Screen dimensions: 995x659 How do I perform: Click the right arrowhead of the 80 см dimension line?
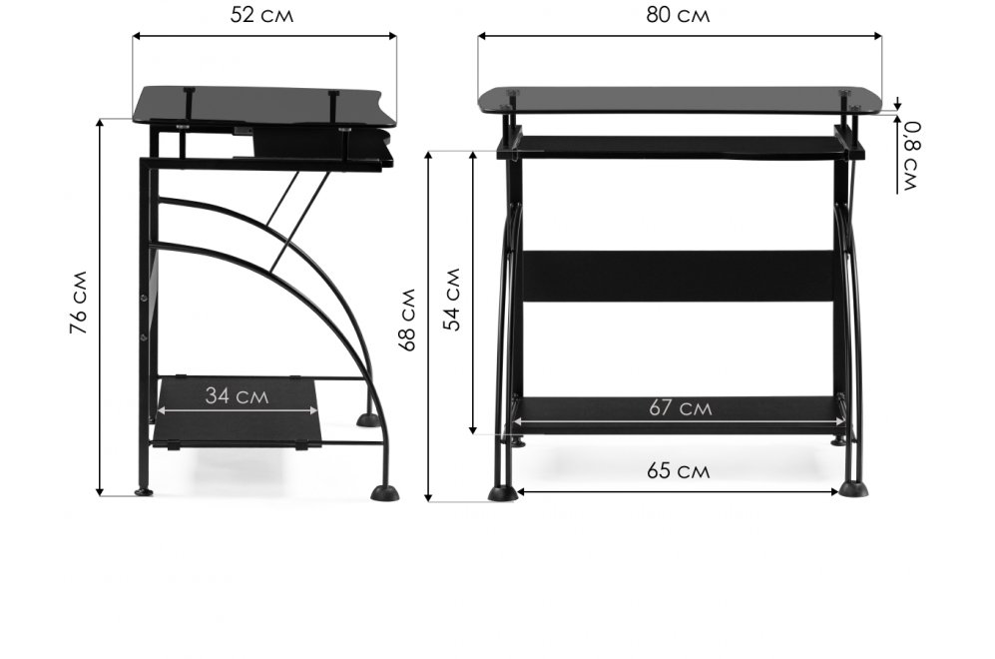coord(878,36)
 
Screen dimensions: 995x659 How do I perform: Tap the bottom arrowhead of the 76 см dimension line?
coord(100,491)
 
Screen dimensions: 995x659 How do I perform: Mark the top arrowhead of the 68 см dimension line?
coord(429,156)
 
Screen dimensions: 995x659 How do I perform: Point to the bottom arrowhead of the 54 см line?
coord(473,430)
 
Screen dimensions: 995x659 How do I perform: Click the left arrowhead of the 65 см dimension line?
coord(522,491)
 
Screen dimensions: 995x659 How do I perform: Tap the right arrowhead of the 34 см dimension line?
coord(314,410)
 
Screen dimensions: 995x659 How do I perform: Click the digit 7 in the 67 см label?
coord(669,407)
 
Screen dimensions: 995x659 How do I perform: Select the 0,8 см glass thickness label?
coord(910,156)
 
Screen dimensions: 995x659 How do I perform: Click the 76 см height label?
coord(79,303)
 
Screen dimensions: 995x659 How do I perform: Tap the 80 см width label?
coord(678,15)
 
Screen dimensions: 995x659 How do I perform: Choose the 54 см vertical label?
coord(452,299)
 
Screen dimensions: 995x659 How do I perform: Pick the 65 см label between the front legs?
coord(678,471)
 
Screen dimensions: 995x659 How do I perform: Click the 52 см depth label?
coord(261,15)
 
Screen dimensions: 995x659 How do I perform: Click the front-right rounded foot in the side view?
coord(384,493)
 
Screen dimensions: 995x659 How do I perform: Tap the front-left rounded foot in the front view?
coord(502,494)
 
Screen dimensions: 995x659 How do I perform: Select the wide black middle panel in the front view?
coord(678,277)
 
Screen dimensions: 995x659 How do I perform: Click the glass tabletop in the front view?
coord(680,101)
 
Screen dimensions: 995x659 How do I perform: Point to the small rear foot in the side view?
coord(144,491)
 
